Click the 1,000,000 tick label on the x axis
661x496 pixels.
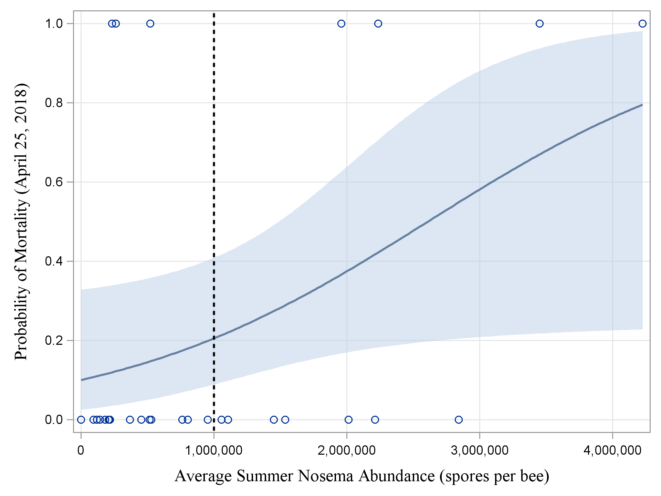click(214, 451)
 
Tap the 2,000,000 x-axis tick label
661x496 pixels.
click(347, 451)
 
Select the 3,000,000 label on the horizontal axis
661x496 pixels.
click(480, 451)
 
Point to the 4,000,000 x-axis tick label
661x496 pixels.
click(612, 451)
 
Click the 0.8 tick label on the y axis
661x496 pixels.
click(54, 103)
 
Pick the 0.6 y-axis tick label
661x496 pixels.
click(54, 182)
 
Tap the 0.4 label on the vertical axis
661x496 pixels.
click(54, 261)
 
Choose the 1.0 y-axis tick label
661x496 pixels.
click(54, 23)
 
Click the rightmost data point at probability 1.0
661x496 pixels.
click(642, 23)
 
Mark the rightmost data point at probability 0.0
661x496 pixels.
click(459, 420)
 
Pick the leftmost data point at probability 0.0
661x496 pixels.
click(81, 420)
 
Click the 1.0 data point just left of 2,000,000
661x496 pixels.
click(341, 23)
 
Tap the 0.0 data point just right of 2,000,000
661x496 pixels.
click(348, 420)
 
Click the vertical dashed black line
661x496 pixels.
click(214, 207)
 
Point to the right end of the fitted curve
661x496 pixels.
click(642, 104)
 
